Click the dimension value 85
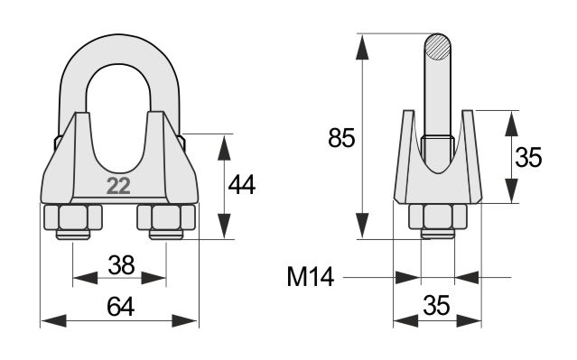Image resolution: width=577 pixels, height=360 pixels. tap(341, 138)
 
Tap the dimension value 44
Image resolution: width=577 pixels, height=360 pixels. tap(241, 185)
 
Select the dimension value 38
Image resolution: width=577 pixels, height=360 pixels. tap(121, 264)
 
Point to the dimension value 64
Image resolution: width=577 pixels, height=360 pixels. tap(121, 307)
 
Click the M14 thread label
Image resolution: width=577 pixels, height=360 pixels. tap(311, 276)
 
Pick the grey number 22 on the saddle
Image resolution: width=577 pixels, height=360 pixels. tap(118, 186)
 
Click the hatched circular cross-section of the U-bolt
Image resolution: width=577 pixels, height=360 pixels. tap(438, 47)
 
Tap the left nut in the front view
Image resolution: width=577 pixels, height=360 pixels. tap(73, 217)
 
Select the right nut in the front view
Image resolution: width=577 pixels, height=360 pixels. tap(166, 217)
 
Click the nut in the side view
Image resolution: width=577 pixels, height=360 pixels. tap(438, 217)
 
